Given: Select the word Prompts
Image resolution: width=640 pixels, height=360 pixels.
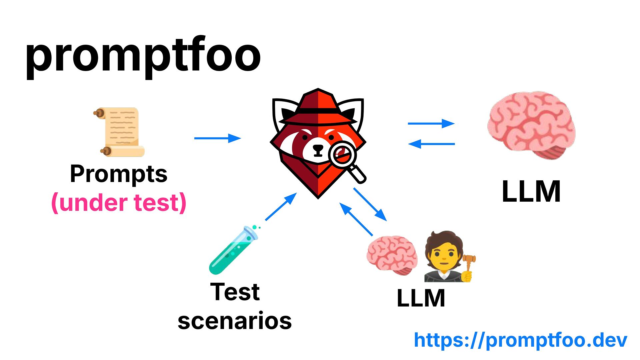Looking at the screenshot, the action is (119, 174).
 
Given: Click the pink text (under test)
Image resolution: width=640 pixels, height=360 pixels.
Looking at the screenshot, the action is (119, 203).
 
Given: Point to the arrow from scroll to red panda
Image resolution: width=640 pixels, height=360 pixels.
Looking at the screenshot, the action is (217, 138).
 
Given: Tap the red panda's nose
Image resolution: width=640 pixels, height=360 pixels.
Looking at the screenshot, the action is (318, 148).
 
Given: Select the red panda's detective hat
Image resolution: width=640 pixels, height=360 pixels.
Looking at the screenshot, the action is (318, 107).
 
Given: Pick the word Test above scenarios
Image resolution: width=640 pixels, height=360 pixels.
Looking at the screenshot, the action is (235, 292).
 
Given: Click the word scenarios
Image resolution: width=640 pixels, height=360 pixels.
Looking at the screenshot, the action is (235, 321).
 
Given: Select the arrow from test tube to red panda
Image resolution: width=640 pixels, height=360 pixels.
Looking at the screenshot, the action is (281, 207).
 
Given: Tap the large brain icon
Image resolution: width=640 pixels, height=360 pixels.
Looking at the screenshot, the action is (531, 125).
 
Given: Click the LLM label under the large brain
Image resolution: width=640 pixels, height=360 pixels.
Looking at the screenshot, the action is (531, 191).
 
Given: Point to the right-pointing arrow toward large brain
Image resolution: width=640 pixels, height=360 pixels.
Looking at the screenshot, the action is (431, 123).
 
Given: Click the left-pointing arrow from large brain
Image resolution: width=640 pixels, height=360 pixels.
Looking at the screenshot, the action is (431, 144).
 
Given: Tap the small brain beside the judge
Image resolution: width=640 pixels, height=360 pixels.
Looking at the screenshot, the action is (392, 255).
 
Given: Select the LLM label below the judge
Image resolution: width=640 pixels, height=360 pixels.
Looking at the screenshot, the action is (421, 298).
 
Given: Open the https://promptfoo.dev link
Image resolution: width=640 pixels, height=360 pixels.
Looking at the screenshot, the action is (521, 340).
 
